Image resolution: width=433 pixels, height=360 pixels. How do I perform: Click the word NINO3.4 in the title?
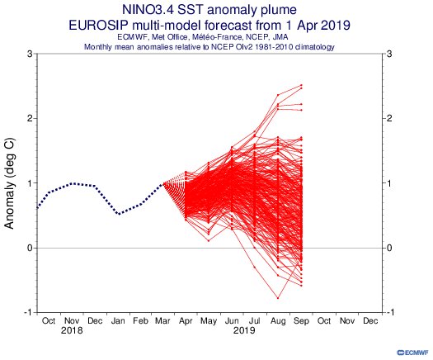tap(148, 10)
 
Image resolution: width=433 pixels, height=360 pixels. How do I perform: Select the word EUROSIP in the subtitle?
tap(98, 25)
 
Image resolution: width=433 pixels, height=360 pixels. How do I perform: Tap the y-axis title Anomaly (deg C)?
tap(10, 183)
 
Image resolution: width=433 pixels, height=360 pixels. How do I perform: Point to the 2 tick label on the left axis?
tap(30, 118)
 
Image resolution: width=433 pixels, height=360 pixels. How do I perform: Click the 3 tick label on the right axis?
tap(389, 54)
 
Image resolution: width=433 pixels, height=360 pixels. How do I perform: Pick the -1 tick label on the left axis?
tap(28, 312)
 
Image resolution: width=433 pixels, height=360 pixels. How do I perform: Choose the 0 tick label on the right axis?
tap(389, 248)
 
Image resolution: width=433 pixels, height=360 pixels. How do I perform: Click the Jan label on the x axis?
tap(118, 320)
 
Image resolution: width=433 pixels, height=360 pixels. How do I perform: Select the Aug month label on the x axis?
tap(278, 321)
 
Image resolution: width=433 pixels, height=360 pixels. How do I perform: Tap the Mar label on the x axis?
tap(162, 320)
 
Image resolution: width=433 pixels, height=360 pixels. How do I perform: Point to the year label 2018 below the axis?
tap(72, 330)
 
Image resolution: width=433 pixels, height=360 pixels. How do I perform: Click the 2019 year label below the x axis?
tap(244, 330)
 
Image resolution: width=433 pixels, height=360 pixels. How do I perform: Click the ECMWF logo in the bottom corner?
tap(413, 353)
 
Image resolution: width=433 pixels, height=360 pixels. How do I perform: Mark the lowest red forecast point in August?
tap(278, 298)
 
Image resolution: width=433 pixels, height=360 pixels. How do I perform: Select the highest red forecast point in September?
tap(301, 85)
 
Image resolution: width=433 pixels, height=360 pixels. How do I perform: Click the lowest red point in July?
tap(254, 267)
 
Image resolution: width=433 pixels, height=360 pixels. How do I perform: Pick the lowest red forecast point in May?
tap(209, 241)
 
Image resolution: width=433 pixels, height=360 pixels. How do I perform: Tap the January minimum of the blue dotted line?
tap(119, 214)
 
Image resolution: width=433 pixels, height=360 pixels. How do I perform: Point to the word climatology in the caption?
tap(315, 47)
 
